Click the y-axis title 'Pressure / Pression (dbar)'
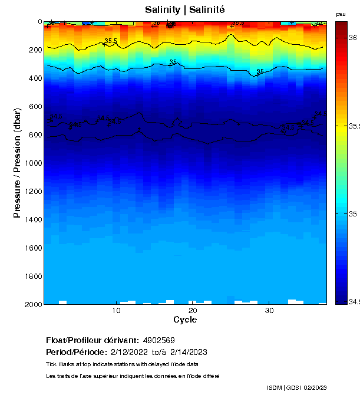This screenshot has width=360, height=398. pos(17,163)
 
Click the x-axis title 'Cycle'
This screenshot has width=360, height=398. pos(185,320)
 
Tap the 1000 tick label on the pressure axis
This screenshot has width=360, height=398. pos(33,163)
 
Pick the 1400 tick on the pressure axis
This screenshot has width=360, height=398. pos(33,220)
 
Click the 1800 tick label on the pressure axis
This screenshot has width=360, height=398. pos(33,277)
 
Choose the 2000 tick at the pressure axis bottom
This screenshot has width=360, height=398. pos(33,304)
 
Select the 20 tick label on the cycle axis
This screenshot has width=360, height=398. pos(193,311)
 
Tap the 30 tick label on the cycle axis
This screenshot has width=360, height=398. pos(269,311)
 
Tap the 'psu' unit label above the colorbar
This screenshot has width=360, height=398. pos(341,14)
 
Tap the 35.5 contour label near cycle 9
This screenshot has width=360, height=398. pos(111,41)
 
